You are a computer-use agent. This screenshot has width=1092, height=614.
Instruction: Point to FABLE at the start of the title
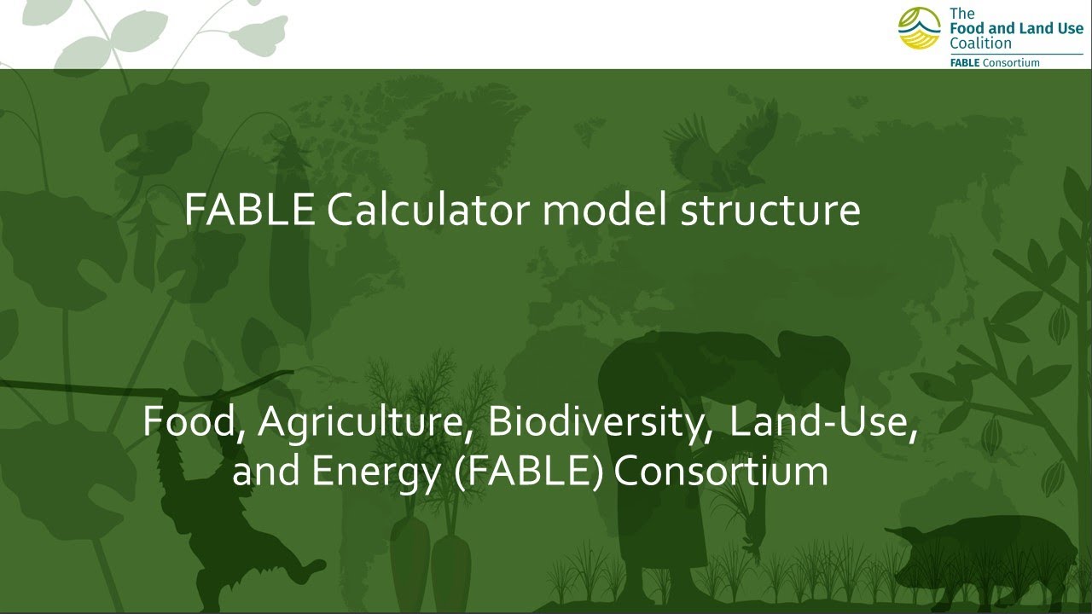(249, 210)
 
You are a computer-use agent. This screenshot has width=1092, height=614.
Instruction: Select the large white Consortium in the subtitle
(721, 471)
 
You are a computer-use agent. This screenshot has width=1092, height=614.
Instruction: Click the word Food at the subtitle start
(193, 420)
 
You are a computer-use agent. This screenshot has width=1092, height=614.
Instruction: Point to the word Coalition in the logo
(980, 43)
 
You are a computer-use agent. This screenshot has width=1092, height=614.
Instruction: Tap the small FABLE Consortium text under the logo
(995, 62)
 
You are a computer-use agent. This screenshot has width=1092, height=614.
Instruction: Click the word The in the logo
(961, 14)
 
